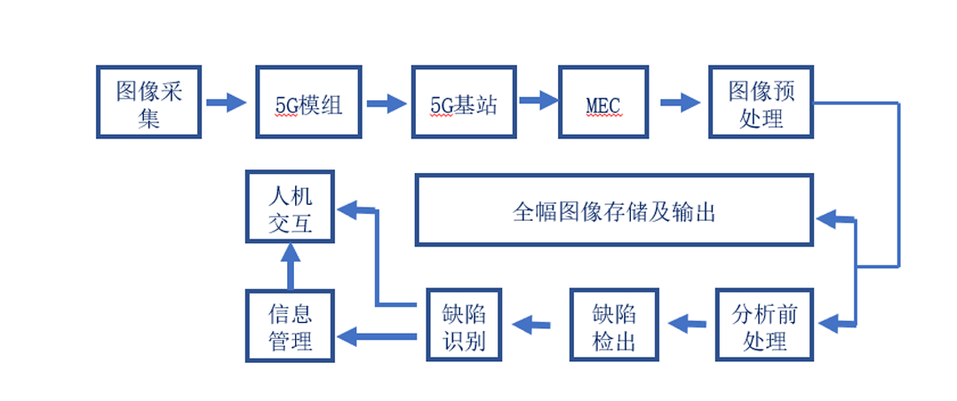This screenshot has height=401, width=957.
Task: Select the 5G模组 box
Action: (x=308, y=102)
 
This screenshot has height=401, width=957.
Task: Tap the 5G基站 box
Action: (x=463, y=102)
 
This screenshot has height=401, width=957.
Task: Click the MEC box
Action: (x=602, y=102)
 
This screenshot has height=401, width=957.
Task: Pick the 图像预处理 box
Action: (x=761, y=102)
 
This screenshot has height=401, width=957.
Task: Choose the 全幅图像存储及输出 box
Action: (x=614, y=210)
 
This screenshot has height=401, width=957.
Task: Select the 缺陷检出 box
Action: (x=614, y=325)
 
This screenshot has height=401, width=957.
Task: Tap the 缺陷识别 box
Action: (x=463, y=325)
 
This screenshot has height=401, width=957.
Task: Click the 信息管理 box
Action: (x=290, y=325)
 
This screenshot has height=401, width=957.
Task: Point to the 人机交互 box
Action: (x=290, y=208)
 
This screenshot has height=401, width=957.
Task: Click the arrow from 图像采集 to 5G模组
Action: (x=227, y=102)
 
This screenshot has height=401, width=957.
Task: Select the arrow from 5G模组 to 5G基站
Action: (x=386, y=103)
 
